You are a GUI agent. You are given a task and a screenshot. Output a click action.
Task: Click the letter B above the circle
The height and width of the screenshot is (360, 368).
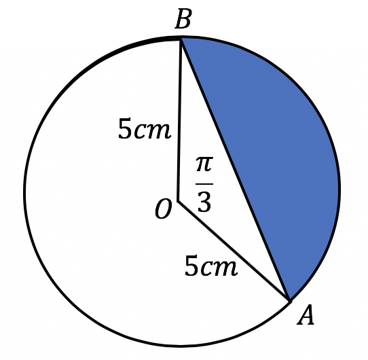[x=183, y=19]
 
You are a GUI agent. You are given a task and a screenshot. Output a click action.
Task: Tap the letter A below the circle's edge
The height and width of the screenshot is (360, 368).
[x=306, y=315]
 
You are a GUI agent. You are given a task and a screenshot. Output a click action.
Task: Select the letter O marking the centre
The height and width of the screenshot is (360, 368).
[x=164, y=209]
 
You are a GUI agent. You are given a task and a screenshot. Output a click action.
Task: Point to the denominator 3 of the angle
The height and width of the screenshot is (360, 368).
[x=204, y=201]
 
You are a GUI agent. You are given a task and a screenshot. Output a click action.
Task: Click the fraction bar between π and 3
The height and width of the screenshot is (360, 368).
[x=204, y=184]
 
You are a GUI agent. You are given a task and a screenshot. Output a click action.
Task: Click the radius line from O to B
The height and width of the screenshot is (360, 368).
[x=180, y=120]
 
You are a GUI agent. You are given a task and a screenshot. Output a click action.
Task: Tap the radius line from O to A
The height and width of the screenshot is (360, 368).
[x=234, y=251]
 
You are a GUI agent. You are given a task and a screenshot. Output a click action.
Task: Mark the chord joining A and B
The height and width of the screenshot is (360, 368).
[x=236, y=170]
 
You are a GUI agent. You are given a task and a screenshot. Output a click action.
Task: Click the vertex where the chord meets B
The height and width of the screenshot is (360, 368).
[x=181, y=39]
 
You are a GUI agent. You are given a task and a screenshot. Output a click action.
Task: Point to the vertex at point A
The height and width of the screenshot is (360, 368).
[x=290, y=301]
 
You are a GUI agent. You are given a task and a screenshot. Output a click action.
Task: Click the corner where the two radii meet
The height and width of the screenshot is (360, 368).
[x=179, y=201]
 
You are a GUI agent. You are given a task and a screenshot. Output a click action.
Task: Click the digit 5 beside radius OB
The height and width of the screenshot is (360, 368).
[x=125, y=128]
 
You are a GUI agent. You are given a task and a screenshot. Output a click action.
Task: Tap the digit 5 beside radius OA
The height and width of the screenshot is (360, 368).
[x=191, y=266]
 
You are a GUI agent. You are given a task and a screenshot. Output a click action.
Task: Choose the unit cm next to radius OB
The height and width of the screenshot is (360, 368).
[x=152, y=131]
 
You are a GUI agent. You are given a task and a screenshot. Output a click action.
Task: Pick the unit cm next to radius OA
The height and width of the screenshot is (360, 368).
[x=219, y=268]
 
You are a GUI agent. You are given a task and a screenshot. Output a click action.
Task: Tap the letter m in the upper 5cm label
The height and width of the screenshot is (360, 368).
[x=159, y=131]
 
